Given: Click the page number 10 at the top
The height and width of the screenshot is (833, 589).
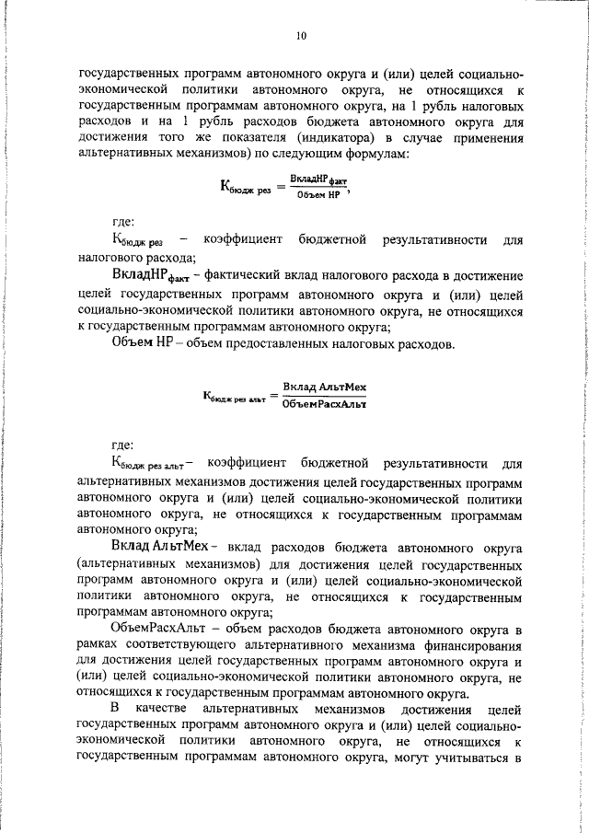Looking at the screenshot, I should click(300, 36).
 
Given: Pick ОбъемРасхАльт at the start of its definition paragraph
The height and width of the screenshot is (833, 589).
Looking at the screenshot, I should click(152, 628).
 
